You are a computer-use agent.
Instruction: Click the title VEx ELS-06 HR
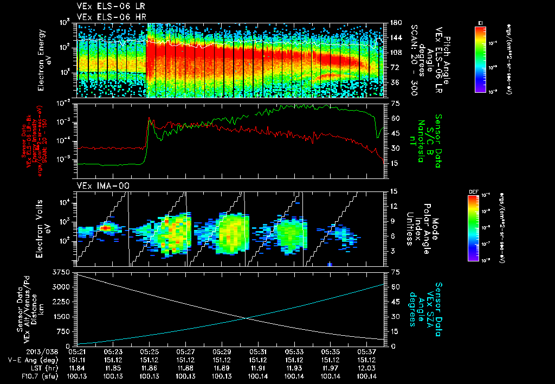coord(106,16)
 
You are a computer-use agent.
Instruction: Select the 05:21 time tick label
coord(76,351)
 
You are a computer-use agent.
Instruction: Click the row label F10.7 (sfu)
coord(22,376)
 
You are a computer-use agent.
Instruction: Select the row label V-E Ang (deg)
coord(22,360)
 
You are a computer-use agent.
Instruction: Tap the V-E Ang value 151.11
coord(76,360)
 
